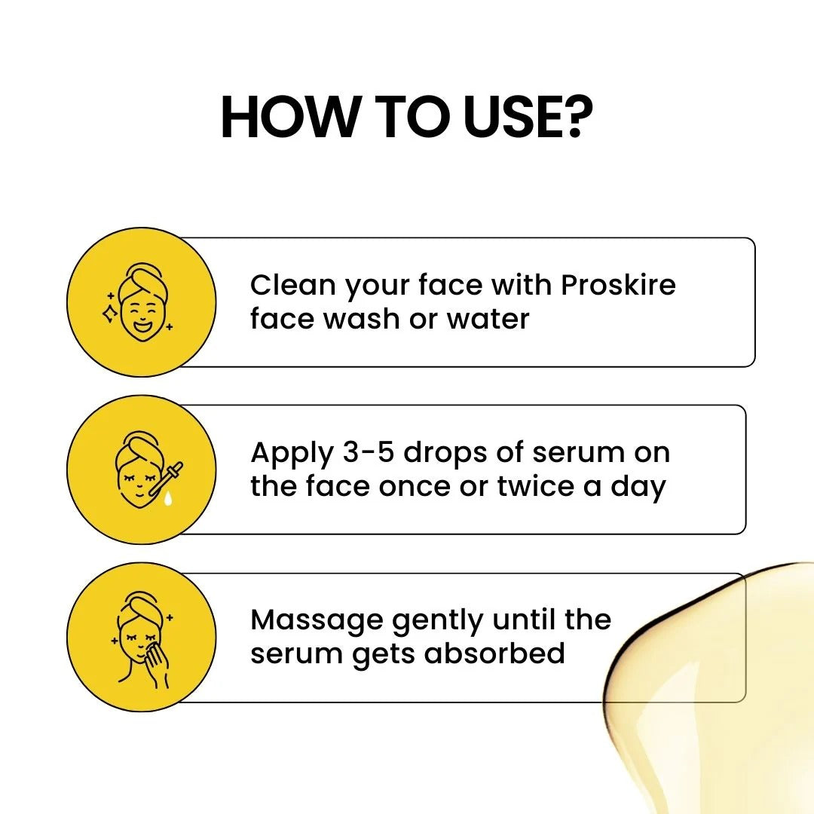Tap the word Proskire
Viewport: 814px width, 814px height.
pyautogui.click(x=618, y=286)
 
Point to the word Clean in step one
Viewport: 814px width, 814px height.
pyautogui.click(x=292, y=286)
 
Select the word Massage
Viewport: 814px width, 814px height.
pyautogui.click(x=317, y=621)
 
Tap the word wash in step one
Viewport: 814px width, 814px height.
pyautogui.click(x=362, y=319)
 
